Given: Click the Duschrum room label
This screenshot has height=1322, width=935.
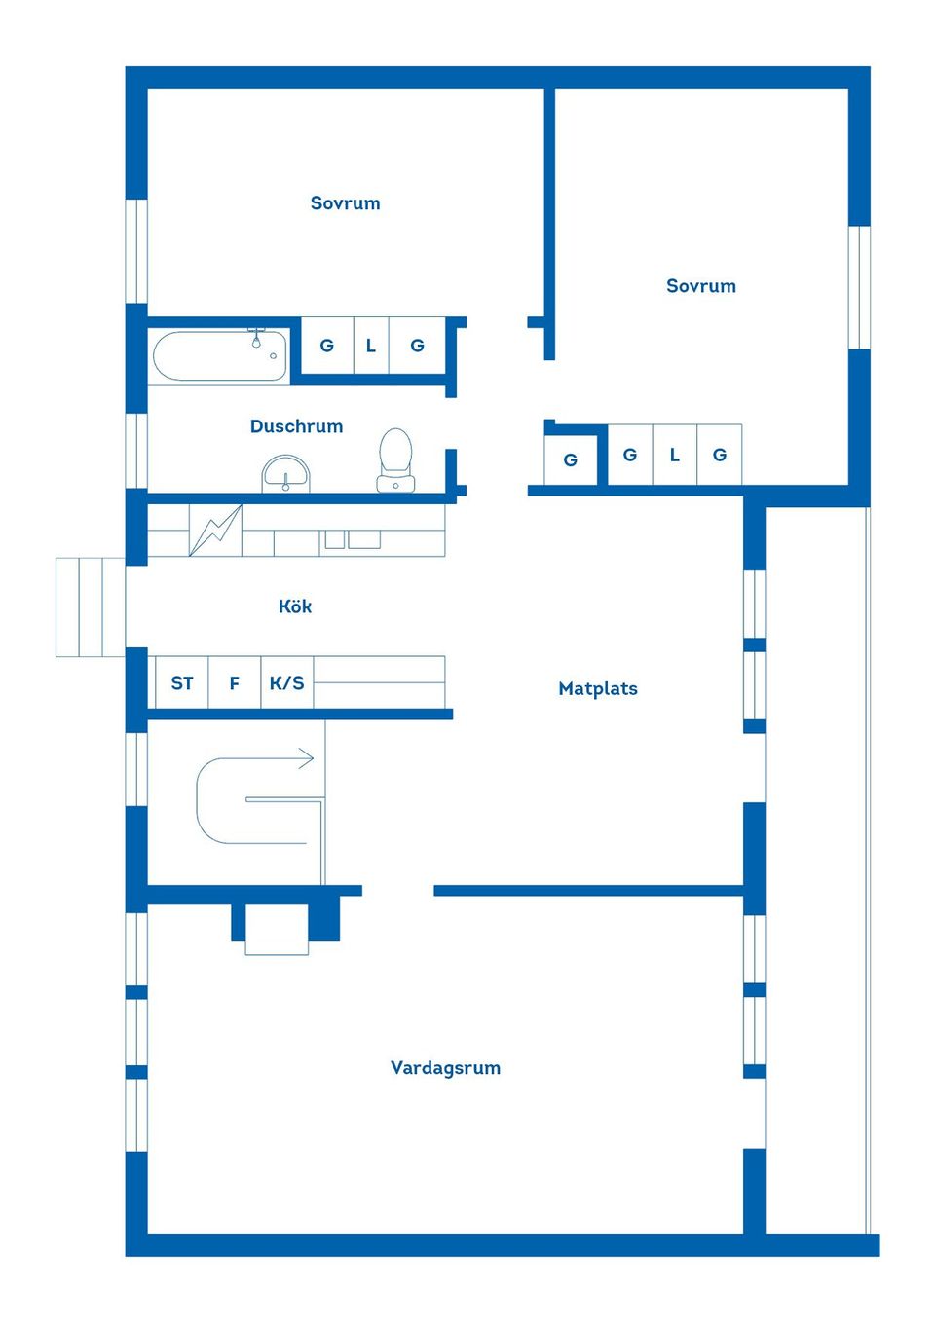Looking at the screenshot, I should [296, 426].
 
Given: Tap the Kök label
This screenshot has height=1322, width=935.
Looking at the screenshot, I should [294, 606].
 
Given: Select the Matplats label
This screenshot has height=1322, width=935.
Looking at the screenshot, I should [597, 688].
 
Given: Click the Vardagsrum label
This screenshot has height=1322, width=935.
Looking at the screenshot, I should [445, 1067].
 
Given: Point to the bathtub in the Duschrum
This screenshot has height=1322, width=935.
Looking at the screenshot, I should [220, 355].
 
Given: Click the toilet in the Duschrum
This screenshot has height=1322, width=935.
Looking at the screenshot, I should [395, 460].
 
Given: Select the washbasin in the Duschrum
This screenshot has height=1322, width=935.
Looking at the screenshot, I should [285, 475].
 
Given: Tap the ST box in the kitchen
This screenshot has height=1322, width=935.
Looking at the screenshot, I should [182, 682].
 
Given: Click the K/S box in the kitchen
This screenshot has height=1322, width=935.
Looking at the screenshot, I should [286, 682].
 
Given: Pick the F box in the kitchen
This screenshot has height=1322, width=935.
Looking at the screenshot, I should [234, 682].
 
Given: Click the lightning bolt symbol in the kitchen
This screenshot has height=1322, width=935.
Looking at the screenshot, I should [215, 531].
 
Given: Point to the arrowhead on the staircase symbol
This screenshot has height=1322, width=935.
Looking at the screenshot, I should [307, 758].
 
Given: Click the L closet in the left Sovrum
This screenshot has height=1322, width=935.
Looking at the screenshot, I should [370, 346].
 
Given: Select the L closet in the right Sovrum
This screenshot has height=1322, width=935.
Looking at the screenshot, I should [674, 455].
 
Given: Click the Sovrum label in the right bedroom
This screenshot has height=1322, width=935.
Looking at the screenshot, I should [700, 286].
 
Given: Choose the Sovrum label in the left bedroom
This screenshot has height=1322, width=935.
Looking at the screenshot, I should [345, 203].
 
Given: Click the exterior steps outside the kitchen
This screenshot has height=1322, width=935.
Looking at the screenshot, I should [90, 606].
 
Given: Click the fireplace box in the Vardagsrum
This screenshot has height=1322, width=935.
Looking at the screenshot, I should [277, 929].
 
